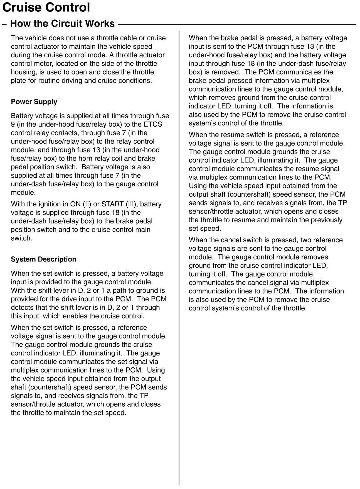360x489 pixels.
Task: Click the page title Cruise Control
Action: click(x=46, y=8)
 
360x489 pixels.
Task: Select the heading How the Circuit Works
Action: click(x=62, y=24)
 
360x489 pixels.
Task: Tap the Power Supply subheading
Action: click(x=34, y=102)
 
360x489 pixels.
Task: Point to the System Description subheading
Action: click(x=43, y=259)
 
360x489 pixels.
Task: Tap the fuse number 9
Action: click(x=13, y=124)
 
